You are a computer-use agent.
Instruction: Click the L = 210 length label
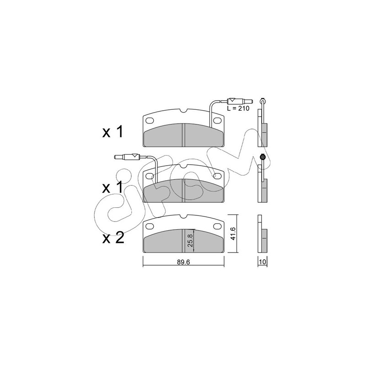click(x=238, y=108)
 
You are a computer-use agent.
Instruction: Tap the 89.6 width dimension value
click(x=183, y=262)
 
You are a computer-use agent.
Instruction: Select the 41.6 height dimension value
click(x=232, y=234)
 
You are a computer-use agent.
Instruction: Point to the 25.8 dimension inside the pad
click(x=190, y=241)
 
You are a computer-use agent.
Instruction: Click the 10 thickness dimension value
click(x=263, y=262)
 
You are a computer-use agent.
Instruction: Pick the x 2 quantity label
click(x=113, y=238)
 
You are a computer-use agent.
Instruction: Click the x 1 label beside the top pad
click(x=113, y=132)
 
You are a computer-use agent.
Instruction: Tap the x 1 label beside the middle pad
click(x=112, y=188)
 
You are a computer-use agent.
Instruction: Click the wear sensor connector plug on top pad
click(x=240, y=101)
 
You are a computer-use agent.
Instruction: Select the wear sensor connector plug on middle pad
click(x=127, y=157)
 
